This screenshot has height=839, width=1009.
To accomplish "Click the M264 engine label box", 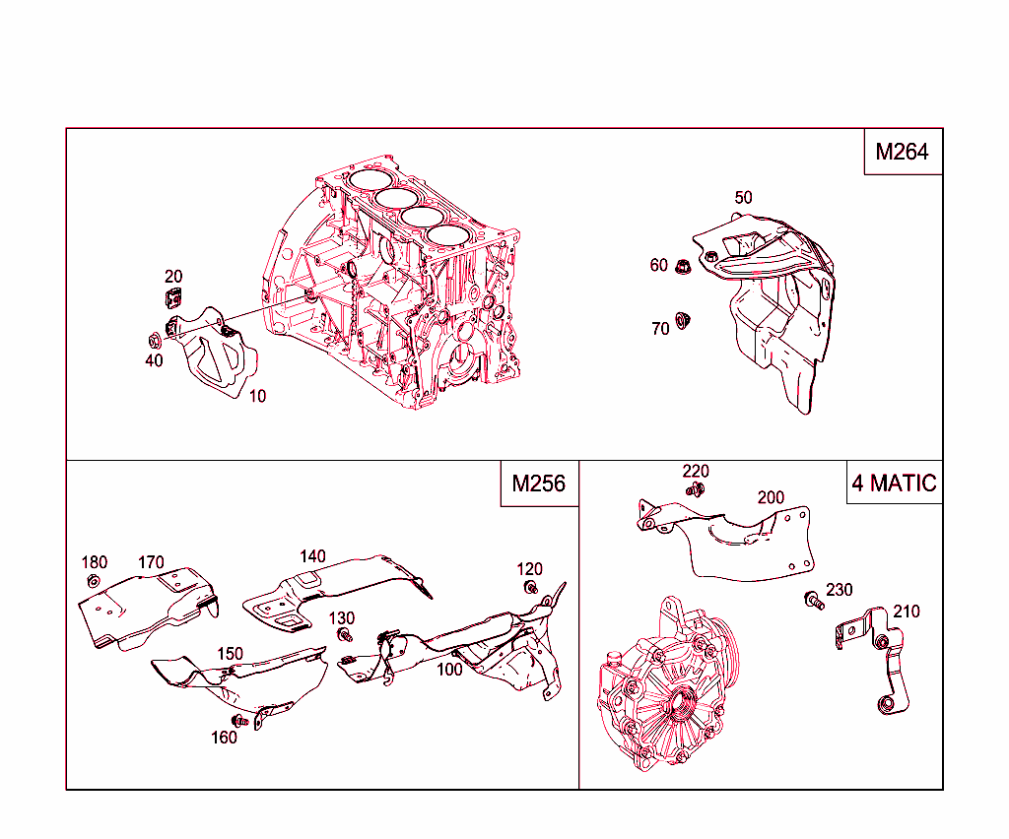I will tap(903, 152).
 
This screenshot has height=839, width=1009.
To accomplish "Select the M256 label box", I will tap(539, 484).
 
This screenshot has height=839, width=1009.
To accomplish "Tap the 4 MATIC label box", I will tap(895, 484).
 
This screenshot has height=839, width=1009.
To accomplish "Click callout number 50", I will tap(743, 198).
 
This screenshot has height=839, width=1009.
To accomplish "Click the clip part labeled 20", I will tap(173, 298).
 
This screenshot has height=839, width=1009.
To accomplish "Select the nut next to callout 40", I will tap(154, 342).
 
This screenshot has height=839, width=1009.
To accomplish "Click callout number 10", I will tap(257, 396).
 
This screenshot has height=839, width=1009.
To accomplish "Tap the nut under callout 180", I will tap(93, 582).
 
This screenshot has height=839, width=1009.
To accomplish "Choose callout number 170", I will tap(151, 563).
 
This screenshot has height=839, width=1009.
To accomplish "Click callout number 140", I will tap(312, 557).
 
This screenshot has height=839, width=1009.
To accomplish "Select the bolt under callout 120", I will tap(531, 588).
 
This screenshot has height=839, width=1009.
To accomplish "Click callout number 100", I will tap(449, 670).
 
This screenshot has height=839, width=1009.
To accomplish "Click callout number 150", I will tap(230, 654).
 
